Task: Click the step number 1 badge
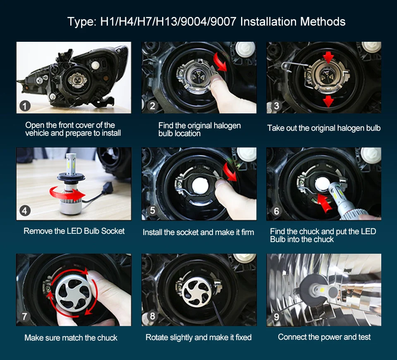click(x=25, y=106)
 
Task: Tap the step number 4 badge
click(x=24, y=211)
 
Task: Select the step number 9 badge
click(x=277, y=317)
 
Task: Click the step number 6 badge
click(x=277, y=211)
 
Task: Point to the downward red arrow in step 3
click(x=328, y=101)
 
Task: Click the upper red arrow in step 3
click(x=328, y=58)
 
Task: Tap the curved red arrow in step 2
click(x=220, y=62)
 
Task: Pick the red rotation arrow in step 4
click(x=66, y=193)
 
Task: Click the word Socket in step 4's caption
click(x=112, y=231)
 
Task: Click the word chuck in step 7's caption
click(x=108, y=338)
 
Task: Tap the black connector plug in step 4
click(x=106, y=189)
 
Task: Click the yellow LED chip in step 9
click(x=322, y=289)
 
